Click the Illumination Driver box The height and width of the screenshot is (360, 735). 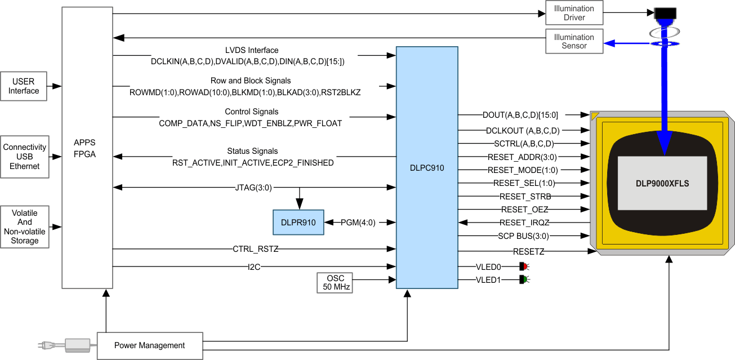point(574,13)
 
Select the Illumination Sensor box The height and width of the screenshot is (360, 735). point(574,42)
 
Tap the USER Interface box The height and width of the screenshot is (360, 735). point(24,86)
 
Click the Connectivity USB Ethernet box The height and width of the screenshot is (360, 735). point(25,157)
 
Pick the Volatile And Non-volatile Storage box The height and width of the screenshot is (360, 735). point(25,227)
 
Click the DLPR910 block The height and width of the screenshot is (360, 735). point(298,223)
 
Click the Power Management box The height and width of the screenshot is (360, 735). point(149,345)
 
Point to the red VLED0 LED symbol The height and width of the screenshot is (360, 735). point(522,266)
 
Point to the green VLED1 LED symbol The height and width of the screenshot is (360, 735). point(522,279)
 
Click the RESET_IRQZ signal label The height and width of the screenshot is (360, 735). point(524,223)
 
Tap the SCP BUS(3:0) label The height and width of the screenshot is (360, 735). point(523,236)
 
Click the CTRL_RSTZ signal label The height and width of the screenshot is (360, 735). point(255,249)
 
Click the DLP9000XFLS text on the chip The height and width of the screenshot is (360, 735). point(662,184)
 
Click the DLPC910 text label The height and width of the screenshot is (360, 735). point(426,167)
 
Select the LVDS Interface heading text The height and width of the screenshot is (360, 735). point(251,50)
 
